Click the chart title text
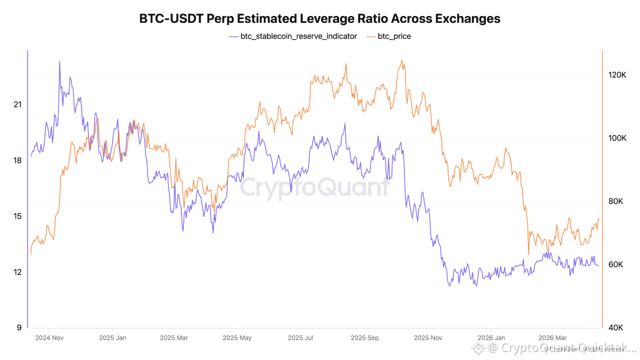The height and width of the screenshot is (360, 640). (x=320, y=19)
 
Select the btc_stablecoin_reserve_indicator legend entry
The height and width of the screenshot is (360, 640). (x=298, y=36)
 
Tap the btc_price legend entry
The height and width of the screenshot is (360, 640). (x=394, y=36)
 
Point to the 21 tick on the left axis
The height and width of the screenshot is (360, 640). (x=18, y=104)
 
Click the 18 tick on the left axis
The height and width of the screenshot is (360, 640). (x=18, y=160)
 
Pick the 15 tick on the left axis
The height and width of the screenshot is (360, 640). (x=18, y=216)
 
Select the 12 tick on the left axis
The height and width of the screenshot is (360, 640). (x=18, y=272)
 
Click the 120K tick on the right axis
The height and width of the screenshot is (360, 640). (x=617, y=75)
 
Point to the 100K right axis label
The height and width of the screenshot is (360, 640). (x=617, y=138)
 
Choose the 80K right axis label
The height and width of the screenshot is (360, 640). (x=617, y=201)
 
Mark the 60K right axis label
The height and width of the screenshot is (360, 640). (x=617, y=264)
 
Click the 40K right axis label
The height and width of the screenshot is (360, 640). (x=617, y=328)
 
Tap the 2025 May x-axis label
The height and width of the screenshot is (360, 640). (x=237, y=338)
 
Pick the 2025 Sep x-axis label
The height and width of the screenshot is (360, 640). (x=365, y=338)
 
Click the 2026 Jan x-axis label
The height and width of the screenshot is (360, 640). (x=492, y=338)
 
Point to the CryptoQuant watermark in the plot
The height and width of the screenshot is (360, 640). (x=315, y=187)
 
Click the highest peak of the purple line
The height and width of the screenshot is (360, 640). (x=59, y=61)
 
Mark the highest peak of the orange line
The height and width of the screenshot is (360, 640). (x=402, y=60)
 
